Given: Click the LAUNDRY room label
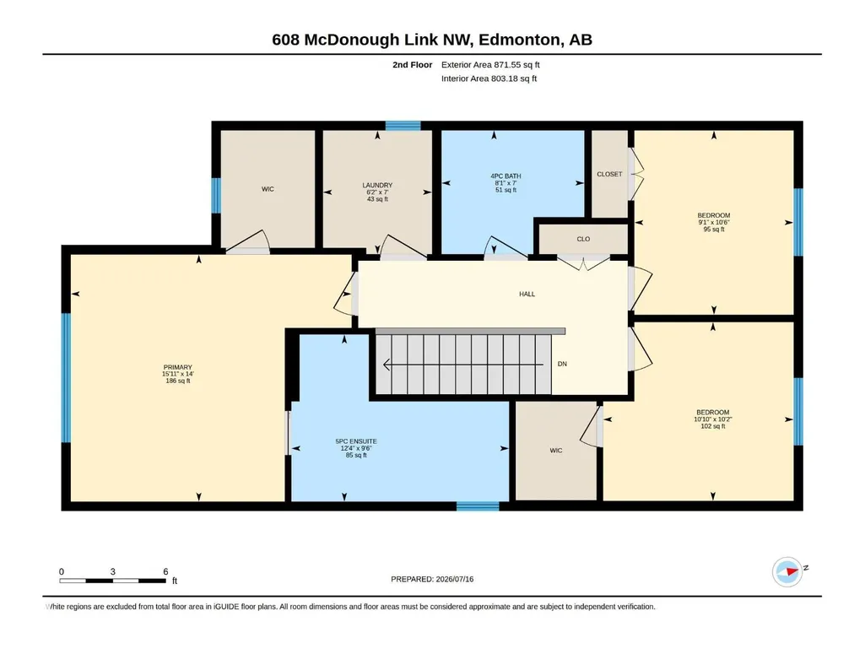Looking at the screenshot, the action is click(377, 186).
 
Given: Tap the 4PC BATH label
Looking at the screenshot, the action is click(505, 176).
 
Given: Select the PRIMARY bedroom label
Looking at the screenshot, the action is click(177, 368).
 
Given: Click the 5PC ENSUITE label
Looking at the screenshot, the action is click(356, 441).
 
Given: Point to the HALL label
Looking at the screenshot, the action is click(527, 295).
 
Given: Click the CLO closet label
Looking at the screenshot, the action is click(583, 240).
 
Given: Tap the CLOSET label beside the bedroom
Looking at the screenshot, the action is click(609, 175).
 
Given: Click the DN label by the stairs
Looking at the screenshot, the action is click(562, 365).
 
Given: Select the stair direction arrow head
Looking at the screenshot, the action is click(387, 365).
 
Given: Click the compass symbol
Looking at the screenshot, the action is click(787, 571).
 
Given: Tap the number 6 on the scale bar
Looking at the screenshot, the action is click(165, 571).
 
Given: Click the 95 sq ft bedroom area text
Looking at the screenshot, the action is click(714, 230).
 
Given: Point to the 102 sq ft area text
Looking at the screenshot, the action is click(713, 426).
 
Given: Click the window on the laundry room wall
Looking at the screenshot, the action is click(403, 126).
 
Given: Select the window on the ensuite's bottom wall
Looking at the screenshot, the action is click(478, 506).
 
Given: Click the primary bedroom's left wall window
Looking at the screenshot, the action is click(66, 378).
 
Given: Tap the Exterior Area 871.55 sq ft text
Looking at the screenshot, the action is click(490, 65).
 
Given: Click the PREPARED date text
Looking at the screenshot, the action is click(432, 580).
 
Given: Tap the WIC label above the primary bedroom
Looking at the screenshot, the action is click(268, 189).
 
